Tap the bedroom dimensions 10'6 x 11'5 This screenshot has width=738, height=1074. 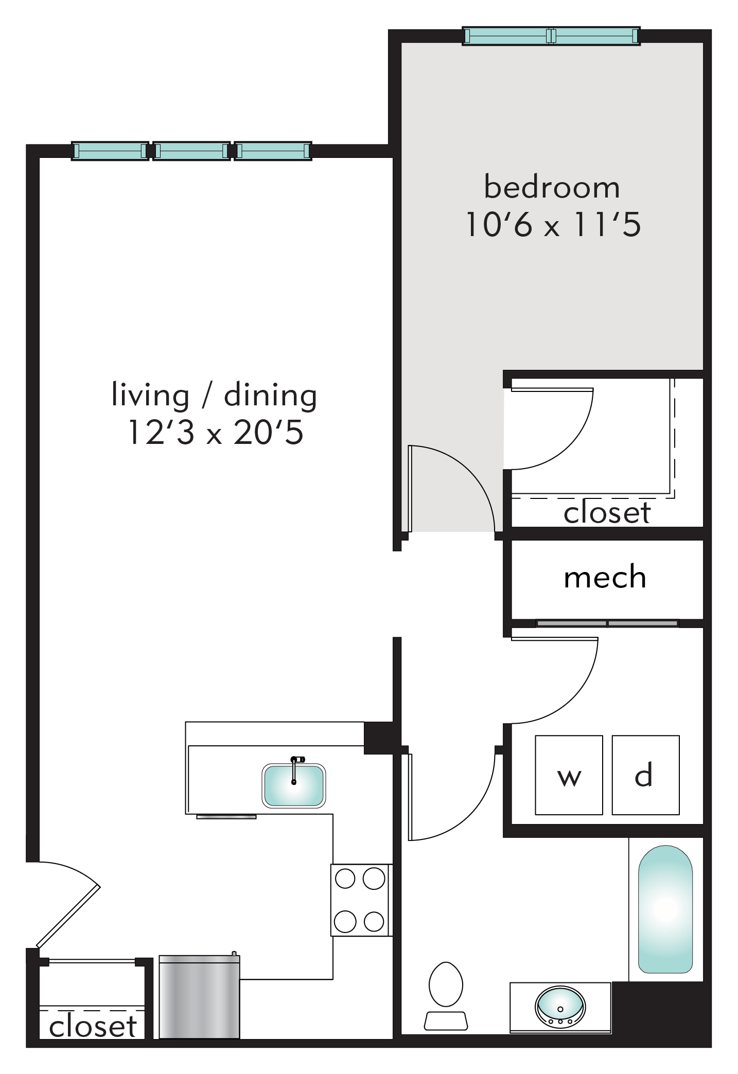(553, 224)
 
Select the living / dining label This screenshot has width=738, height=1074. (214, 396)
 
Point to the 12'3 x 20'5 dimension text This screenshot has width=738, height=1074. (215, 432)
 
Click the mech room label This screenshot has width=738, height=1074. (605, 577)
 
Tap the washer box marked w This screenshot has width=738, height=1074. (569, 775)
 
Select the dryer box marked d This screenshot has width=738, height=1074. (645, 775)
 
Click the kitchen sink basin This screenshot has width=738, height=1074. (294, 785)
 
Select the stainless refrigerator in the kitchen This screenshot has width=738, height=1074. (199, 996)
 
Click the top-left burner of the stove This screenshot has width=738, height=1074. (345, 879)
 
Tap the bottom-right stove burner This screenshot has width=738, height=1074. (374, 922)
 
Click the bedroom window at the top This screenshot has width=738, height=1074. (551, 36)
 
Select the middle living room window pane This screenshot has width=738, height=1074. (191, 151)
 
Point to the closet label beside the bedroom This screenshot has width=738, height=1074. (607, 513)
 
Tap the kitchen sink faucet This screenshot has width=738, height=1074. (295, 769)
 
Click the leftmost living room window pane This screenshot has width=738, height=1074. (110, 151)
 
